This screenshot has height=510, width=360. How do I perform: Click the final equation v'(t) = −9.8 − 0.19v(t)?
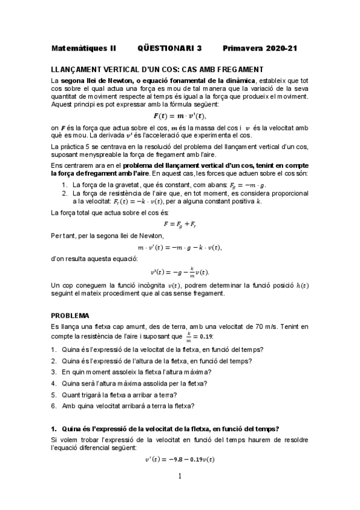pyautogui.click(x=180, y=459)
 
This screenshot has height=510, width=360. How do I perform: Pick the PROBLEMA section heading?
pyautogui.click(x=70, y=315)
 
